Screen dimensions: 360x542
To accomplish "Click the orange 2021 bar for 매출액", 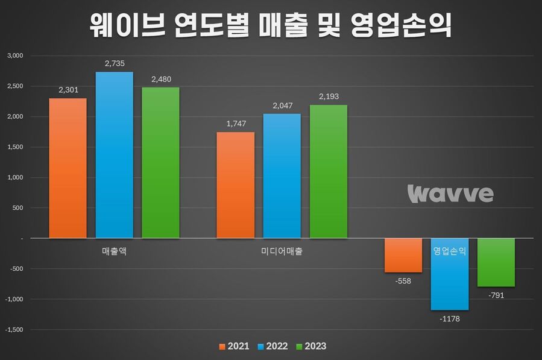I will [68, 168].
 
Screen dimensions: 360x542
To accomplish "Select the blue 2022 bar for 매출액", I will [115, 155].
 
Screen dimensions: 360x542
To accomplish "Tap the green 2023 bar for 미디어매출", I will [329, 172].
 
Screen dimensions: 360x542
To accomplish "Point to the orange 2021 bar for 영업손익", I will [403, 256].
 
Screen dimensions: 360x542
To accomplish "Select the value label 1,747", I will [235, 124].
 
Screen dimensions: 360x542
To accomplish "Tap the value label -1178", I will [450, 318].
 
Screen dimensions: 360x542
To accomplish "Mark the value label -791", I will [496, 295].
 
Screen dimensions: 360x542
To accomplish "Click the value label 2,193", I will [329, 96].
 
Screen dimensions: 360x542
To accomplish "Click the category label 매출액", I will [114, 251].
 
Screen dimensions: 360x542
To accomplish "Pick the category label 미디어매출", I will [282, 251].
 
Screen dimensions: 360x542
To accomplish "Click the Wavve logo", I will [450, 194].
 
